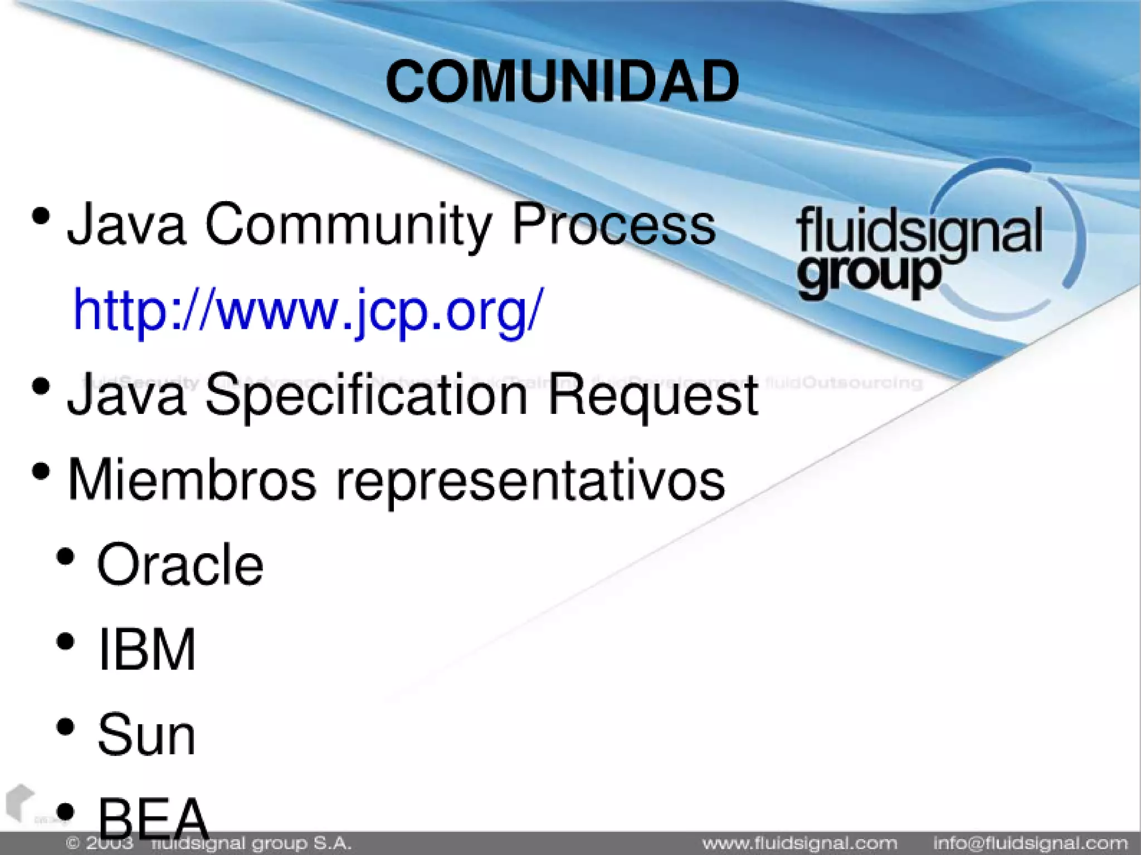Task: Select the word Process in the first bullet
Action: pos(613,224)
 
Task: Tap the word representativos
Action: pos(530,480)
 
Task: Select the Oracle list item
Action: pos(180,565)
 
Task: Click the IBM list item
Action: pos(147,649)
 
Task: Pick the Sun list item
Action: pos(147,735)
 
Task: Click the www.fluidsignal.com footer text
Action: pos(799,844)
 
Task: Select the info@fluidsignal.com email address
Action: pos(1030,844)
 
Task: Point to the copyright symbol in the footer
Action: pos(73,844)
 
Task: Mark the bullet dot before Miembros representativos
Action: pos(41,472)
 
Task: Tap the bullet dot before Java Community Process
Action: pos(41,216)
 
